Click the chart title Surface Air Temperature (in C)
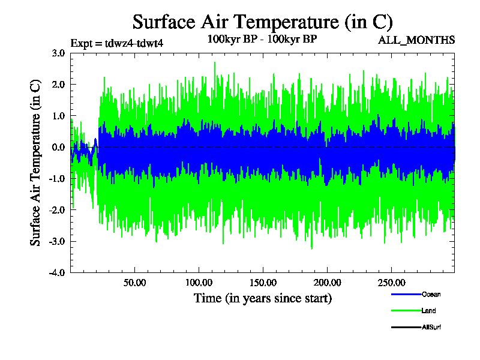[262, 22]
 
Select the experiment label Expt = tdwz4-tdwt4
[117, 43]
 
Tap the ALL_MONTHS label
[416, 40]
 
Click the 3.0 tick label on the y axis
[58, 53]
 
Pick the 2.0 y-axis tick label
[58, 84]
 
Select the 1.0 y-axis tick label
[58, 116]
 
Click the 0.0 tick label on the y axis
[58, 147]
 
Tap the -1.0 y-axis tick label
[56, 179]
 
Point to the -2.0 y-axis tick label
[56, 210]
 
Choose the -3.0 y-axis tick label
[56, 242]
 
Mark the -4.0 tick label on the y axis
[56, 273]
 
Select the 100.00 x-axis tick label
[199, 283]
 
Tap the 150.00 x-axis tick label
[263, 283]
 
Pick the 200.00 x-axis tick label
[326, 283]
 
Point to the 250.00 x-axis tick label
[391, 283]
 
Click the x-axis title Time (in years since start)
[262, 298]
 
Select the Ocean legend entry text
[431, 295]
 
